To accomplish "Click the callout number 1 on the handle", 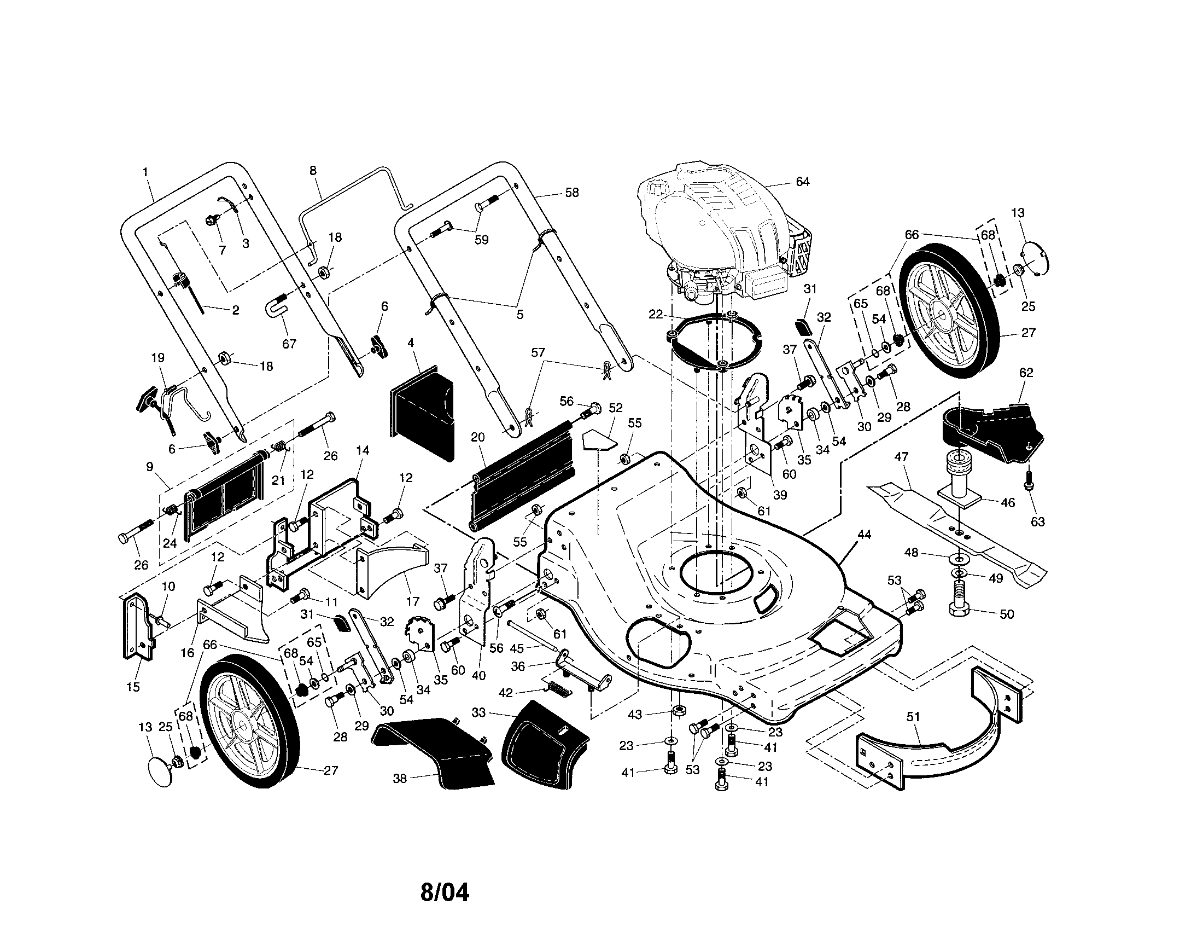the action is pyautogui.click(x=145, y=172).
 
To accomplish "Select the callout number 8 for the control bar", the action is pyautogui.click(x=313, y=170).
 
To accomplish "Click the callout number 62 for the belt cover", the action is pyautogui.click(x=1026, y=373).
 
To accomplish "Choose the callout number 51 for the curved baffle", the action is pyautogui.click(x=913, y=716).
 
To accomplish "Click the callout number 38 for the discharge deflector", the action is pyautogui.click(x=400, y=779).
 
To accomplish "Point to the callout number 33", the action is pyautogui.click(x=478, y=712).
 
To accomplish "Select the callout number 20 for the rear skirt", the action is pyautogui.click(x=477, y=437).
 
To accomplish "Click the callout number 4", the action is pyautogui.click(x=411, y=342).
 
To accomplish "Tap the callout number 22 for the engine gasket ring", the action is pyautogui.click(x=656, y=314).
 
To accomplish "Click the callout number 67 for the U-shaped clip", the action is pyautogui.click(x=289, y=344).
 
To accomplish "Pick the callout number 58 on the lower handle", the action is pyautogui.click(x=572, y=192).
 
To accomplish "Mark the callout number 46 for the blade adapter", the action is pyautogui.click(x=1007, y=502).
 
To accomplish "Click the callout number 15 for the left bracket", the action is pyautogui.click(x=133, y=687).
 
